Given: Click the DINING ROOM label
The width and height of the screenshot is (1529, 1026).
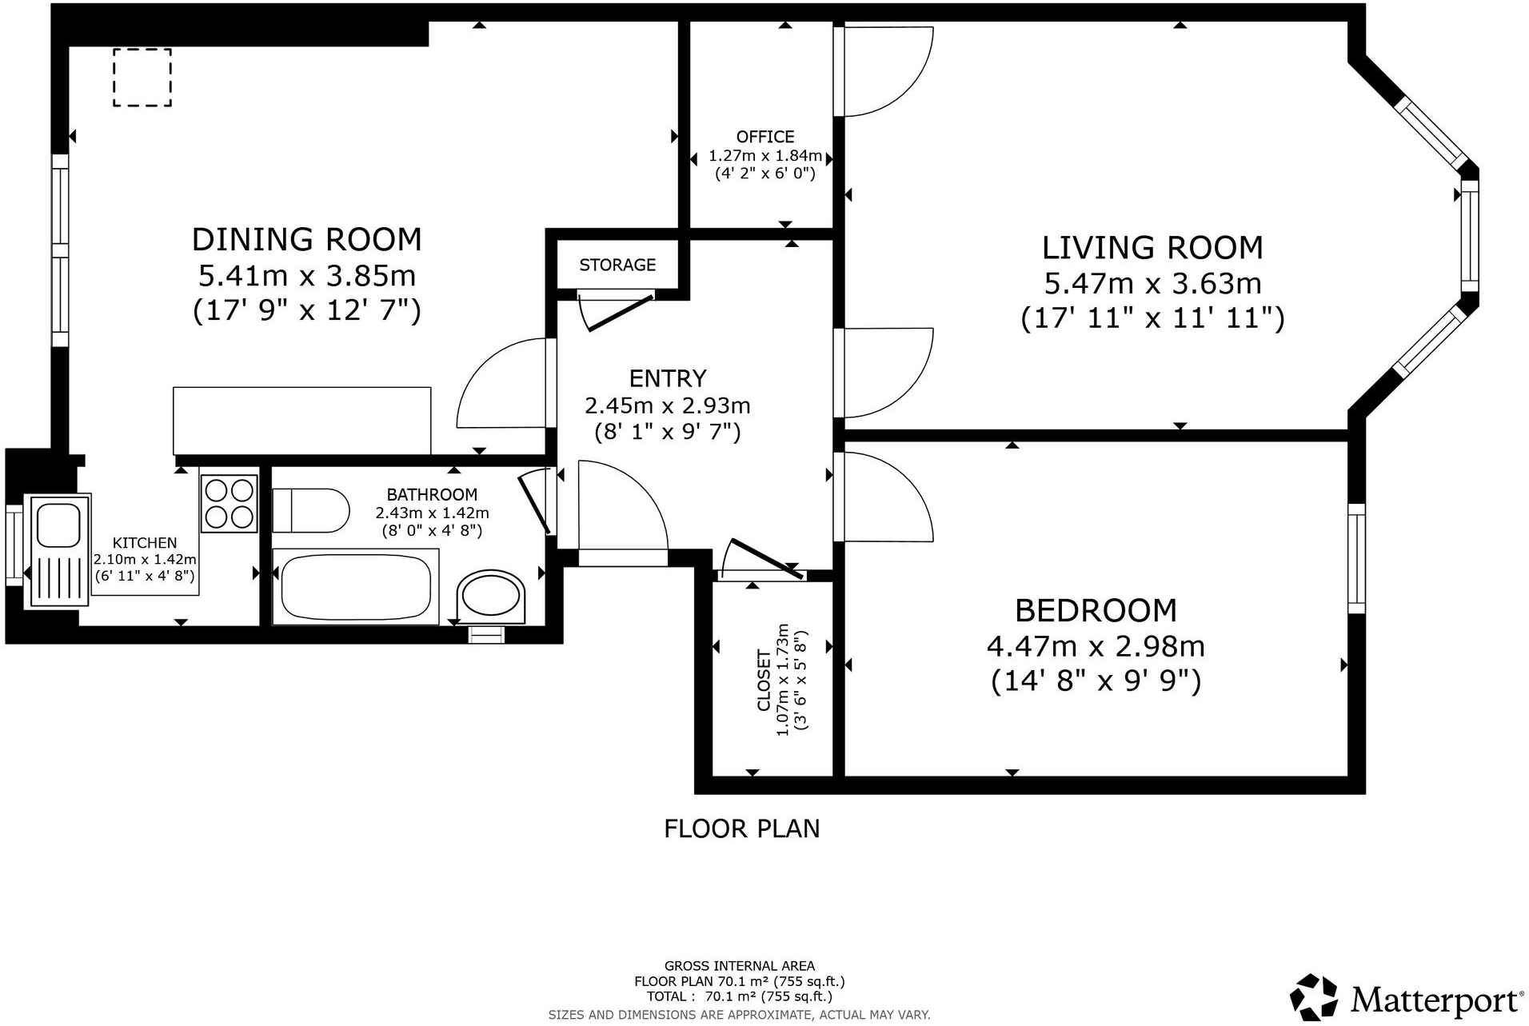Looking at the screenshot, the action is [306, 239].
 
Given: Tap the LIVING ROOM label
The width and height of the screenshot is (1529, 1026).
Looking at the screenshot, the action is [1152, 248].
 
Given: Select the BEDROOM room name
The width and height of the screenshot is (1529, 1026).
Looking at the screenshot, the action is [1096, 610].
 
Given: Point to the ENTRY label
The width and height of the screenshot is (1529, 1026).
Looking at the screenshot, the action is [668, 377].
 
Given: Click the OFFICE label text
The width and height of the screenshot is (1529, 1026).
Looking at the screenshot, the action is [765, 137].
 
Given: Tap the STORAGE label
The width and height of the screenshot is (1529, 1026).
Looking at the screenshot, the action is [617, 265].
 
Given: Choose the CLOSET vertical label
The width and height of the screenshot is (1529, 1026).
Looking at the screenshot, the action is [764, 681].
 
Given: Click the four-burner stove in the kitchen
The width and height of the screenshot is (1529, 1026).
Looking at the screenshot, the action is [230, 503].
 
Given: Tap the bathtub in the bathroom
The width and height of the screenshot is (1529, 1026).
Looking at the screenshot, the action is [356, 587].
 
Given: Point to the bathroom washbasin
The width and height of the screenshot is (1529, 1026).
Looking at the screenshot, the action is [491, 597].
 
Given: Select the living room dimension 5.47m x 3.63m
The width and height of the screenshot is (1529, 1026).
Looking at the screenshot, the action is [1152, 283].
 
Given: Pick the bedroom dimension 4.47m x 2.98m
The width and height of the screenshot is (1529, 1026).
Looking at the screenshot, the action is [1096, 646].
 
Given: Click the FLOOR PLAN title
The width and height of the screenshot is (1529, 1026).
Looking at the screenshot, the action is [742, 828].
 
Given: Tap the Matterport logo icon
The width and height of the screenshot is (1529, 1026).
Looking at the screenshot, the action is [1314, 997].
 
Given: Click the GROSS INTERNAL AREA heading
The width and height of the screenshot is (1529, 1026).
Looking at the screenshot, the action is [740, 966].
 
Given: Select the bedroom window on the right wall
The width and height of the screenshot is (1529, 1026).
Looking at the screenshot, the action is [1356, 558].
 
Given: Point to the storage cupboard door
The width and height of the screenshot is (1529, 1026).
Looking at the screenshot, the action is [620, 312].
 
